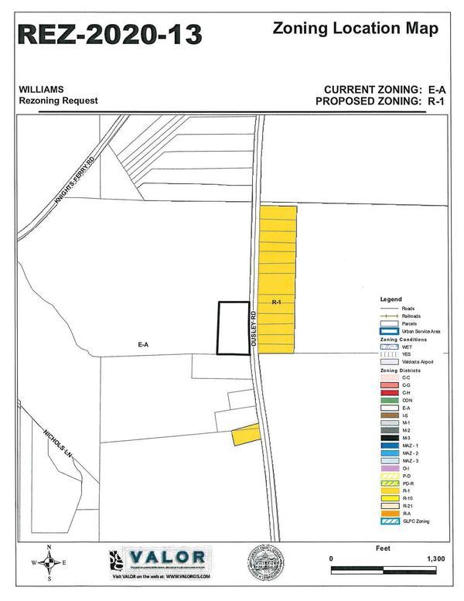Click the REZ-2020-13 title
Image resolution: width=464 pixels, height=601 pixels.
click(x=110, y=35)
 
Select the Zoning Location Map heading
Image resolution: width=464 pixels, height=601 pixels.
click(x=356, y=29)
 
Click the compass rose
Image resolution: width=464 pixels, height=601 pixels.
click(x=49, y=562)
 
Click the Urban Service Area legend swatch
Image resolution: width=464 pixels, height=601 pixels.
click(x=387, y=331)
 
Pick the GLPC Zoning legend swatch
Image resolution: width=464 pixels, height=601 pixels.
click(x=387, y=521)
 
